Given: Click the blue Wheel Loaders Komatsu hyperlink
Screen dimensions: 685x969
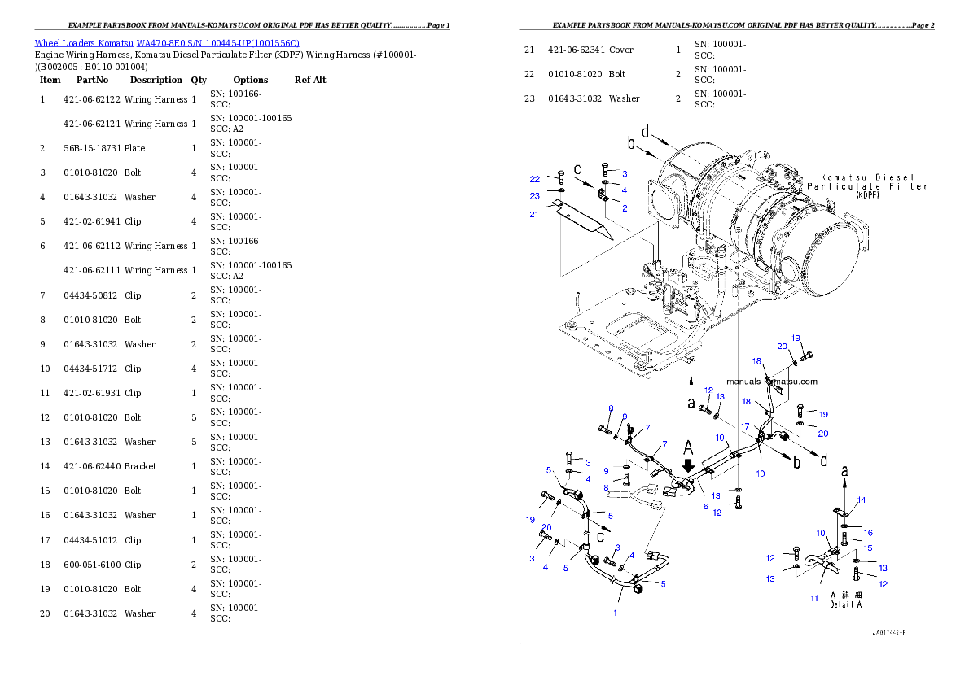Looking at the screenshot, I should coord(167,43).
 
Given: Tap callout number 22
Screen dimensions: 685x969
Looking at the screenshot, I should coord(534,179).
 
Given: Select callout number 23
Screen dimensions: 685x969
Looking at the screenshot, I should coord(534,196).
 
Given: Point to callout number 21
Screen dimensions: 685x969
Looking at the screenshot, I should coord(534,214).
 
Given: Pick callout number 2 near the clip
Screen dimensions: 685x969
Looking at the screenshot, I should coord(624,208).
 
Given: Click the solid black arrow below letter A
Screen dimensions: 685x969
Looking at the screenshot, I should coord(688,465).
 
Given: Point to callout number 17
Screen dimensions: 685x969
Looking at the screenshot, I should coord(744,426).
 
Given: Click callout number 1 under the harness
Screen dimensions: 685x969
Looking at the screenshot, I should coord(615,613).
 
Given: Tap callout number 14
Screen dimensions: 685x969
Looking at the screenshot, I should coord(861,500).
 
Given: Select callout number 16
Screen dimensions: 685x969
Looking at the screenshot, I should coord(868,533).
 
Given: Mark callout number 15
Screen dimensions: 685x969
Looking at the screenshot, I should coord(868,548).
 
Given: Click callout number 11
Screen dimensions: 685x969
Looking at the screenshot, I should coord(813,598).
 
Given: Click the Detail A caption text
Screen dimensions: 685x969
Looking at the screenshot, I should coord(845,605).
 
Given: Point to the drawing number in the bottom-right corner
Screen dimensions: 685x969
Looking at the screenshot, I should coord(888,632).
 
